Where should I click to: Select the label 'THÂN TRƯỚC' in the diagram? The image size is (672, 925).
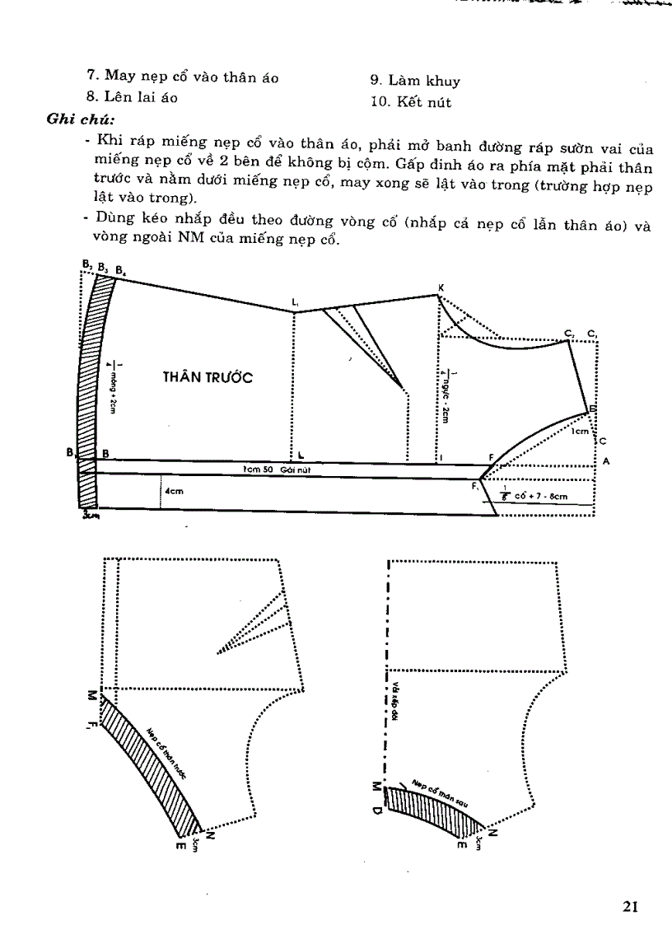click(206, 377)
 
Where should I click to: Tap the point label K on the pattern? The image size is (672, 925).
click(441, 287)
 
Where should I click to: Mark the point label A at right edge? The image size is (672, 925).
click(606, 461)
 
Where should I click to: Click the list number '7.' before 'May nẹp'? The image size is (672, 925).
click(93, 77)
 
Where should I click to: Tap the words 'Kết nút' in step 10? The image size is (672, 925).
click(427, 103)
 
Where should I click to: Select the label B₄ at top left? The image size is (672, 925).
click(120, 270)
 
